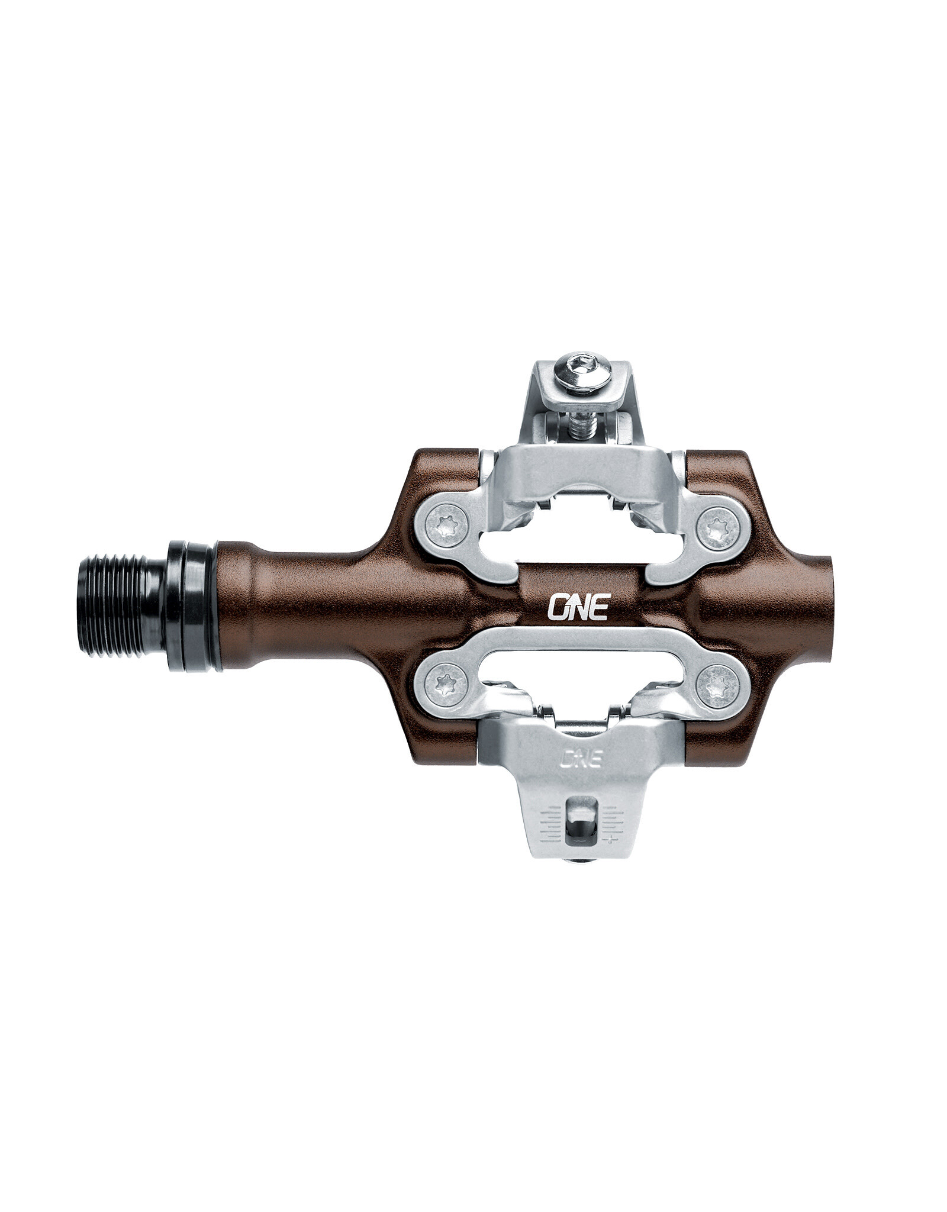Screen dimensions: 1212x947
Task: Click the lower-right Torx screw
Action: click(x=718, y=688)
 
